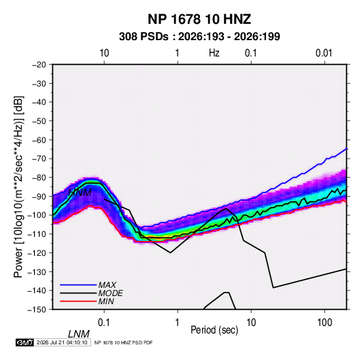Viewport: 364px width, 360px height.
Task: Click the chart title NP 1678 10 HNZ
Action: (x=199, y=19)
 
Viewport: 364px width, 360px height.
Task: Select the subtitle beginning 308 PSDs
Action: (x=199, y=37)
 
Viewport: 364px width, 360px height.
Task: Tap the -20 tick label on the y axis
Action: (x=39, y=65)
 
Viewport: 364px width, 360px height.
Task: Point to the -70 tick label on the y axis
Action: (x=39, y=159)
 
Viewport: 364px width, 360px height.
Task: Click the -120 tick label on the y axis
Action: (x=37, y=252)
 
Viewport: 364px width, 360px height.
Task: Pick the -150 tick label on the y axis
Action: (x=37, y=310)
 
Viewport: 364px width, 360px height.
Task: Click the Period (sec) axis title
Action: (x=214, y=330)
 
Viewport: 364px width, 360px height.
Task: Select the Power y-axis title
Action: (x=18, y=186)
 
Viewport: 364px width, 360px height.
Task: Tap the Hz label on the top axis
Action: (x=214, y=53)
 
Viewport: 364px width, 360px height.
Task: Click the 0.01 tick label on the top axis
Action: (x=324, y=53)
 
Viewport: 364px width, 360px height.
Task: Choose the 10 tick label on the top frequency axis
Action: (x=104, y=53)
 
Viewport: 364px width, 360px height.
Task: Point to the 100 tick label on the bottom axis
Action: (x=325, y=323)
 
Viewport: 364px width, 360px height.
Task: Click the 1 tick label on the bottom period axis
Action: (x=178, y=323)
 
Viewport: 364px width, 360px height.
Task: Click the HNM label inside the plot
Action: (x=80, y=193)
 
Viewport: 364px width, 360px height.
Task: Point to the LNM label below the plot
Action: (x=79, y=334)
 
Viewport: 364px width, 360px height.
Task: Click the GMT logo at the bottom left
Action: (x=24, y=342)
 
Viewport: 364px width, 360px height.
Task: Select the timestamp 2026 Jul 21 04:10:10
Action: (x=62, y=342)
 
